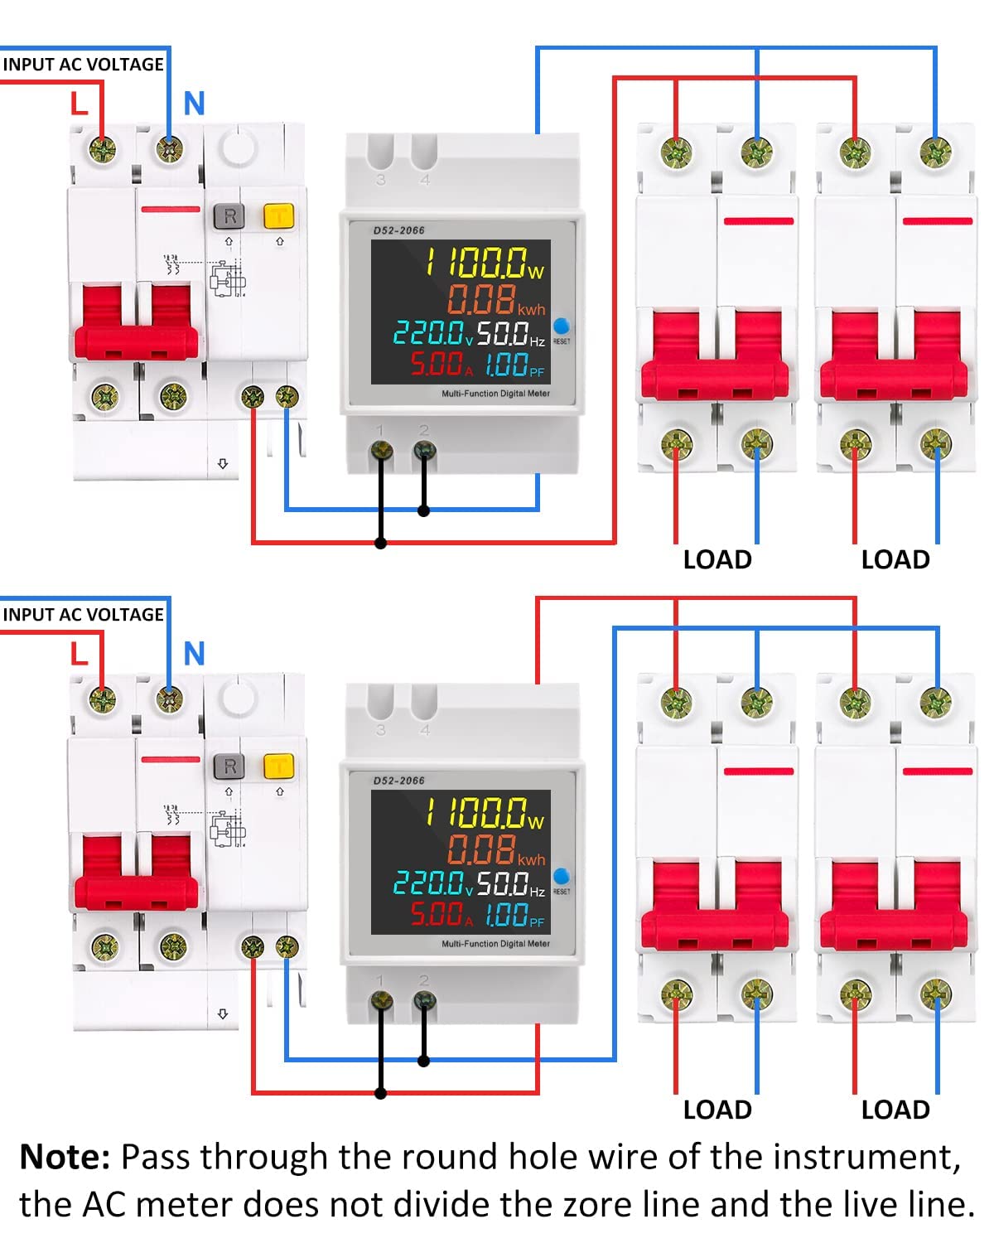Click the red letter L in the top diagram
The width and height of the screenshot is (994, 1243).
click(x=79, y=104)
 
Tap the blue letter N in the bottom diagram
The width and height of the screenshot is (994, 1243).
click(x=194, y=654)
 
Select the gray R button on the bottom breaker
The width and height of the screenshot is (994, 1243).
click(x=229, y=767)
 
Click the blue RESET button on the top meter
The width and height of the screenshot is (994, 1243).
click(x=561, y=326)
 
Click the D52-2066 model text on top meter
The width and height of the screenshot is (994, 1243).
click(x=398, y=230)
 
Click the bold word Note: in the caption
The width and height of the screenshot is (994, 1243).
click(x=65, y=1157)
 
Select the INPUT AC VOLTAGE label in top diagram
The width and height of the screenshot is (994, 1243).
click(x=83, y=65)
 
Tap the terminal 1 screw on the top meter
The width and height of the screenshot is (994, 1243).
click(x=381, y=451)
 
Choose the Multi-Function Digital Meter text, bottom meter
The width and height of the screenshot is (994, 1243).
click(x=495, y=944)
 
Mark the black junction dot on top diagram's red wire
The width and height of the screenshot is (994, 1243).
click(x=381, y=544)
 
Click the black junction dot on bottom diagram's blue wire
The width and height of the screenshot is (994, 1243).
click(x=424, y=1061)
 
